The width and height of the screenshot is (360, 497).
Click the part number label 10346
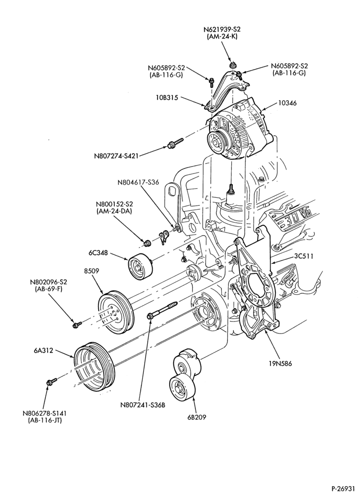[287, 103]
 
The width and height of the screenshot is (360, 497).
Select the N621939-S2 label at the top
[222, 29]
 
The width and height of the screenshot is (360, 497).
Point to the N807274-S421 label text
[116, 156]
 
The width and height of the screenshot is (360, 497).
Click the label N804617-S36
[138, 182]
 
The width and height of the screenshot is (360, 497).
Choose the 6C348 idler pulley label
[98, 253]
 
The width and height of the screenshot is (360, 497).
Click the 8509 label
[91, 271]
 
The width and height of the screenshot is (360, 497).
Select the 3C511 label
[303, 256]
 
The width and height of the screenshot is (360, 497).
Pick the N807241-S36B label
[143, 405]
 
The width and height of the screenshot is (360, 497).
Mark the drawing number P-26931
[343, 488]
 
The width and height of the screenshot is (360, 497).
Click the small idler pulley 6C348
[141, 266]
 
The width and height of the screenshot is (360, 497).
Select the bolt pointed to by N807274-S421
[176, 143]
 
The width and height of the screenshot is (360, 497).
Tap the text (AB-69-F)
[49, 289]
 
